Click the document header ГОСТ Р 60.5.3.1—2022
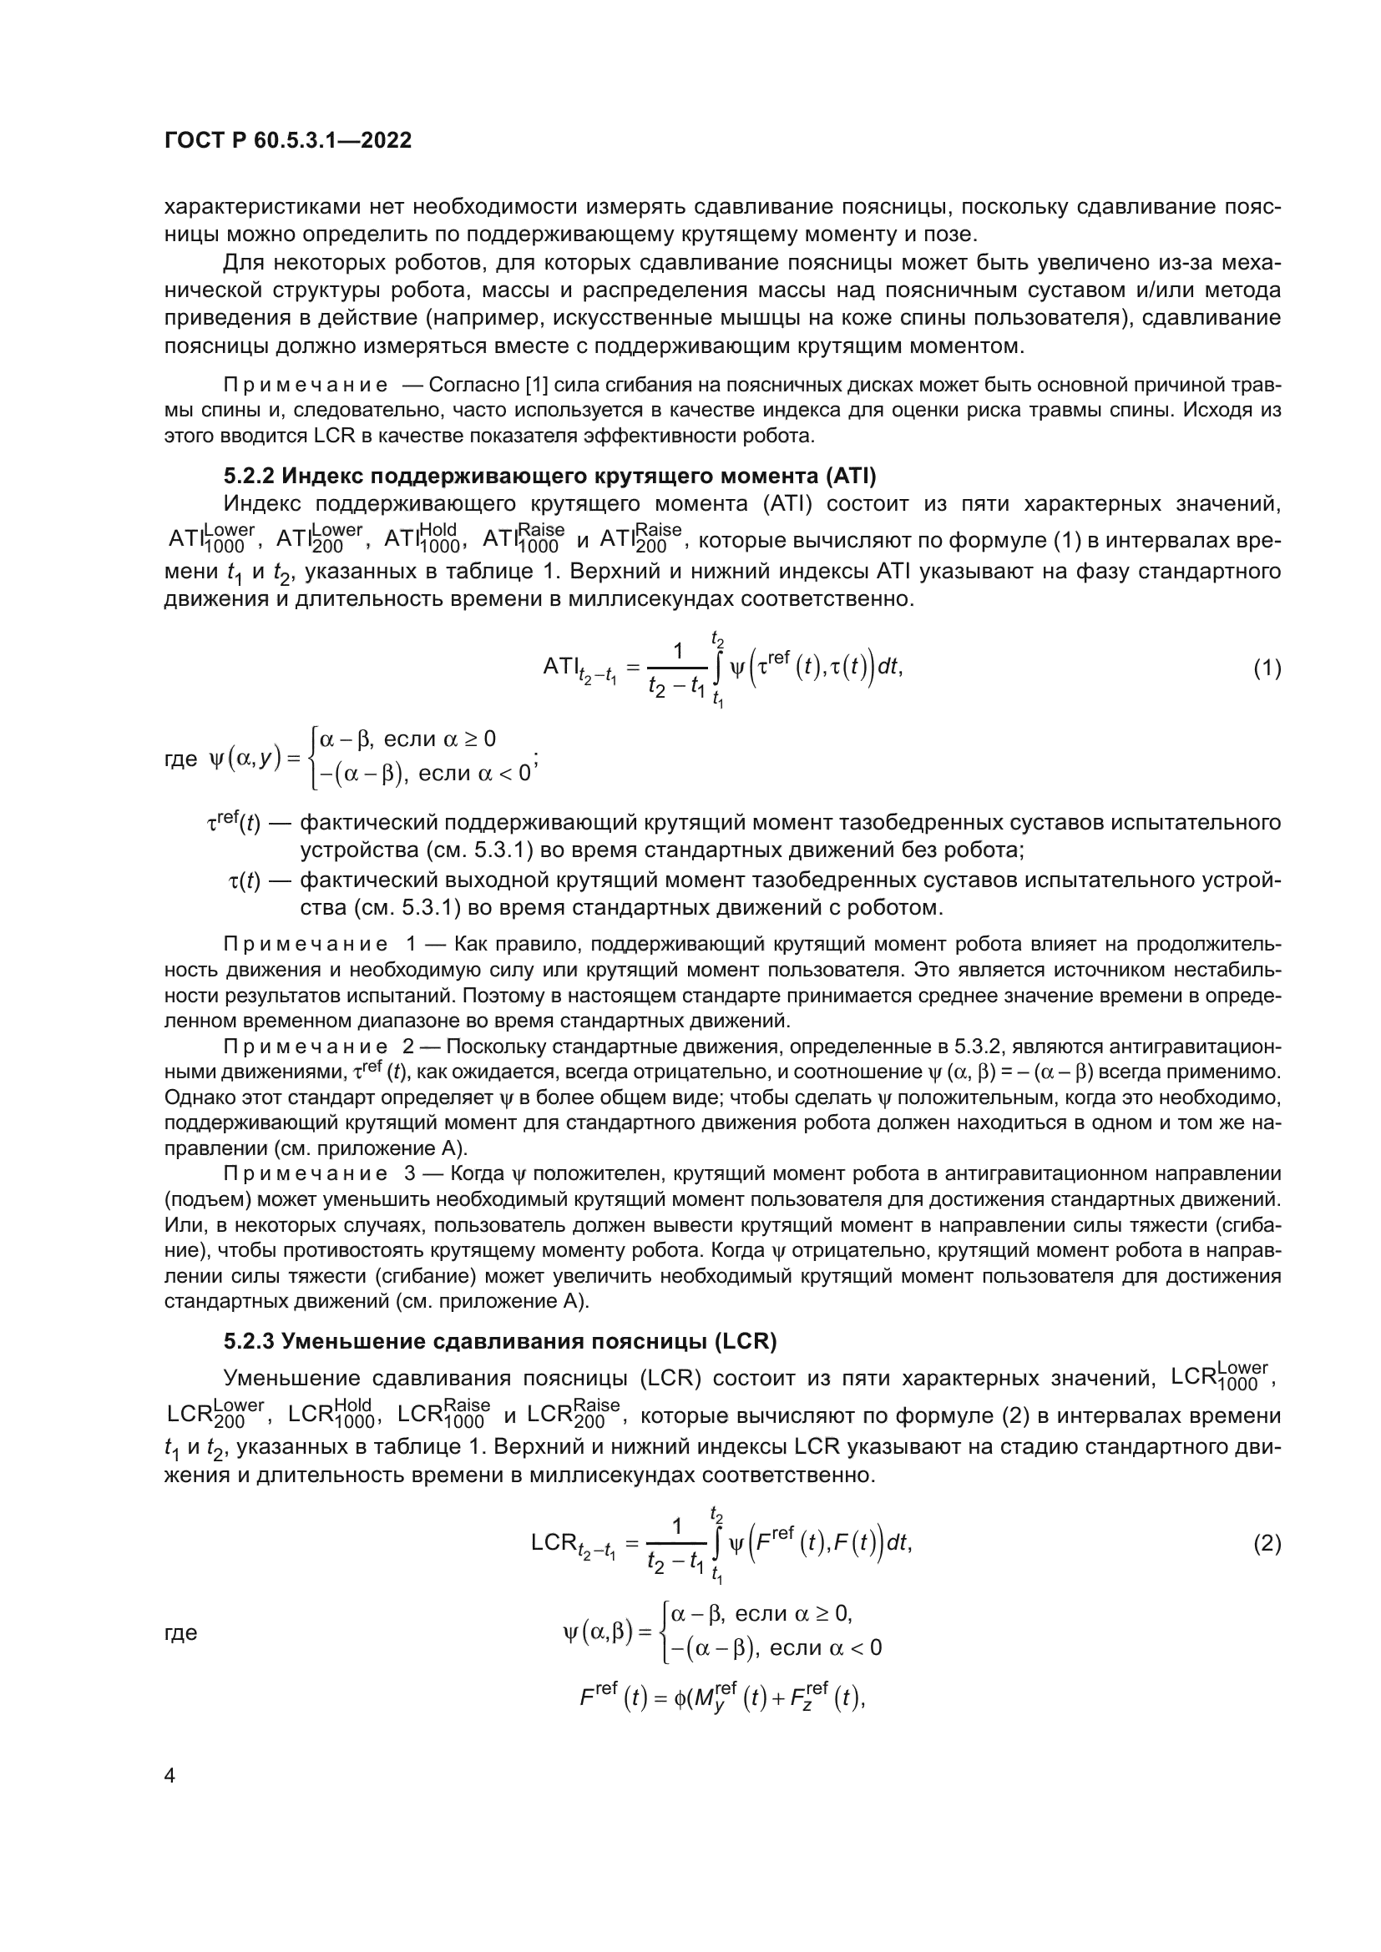pos(287,140)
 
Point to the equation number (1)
pos(1267,668)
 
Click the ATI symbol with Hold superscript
pos(421,538)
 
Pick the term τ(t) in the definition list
pos(245,881)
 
